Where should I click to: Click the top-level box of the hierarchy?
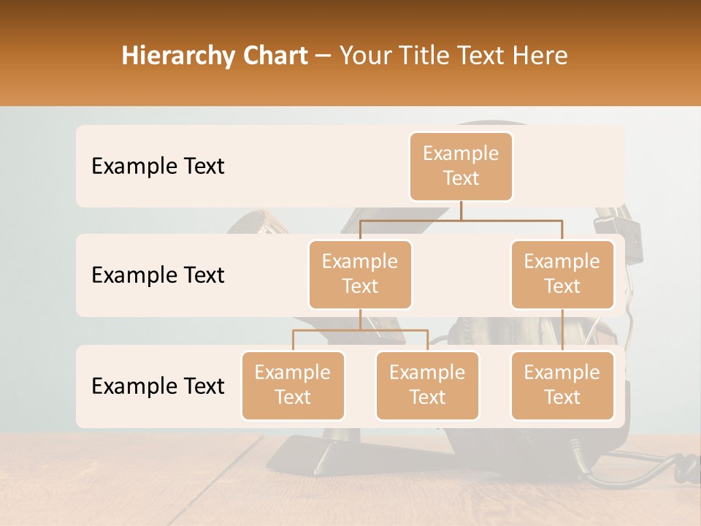[x=461, y=166]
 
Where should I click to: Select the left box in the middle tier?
[x=360, y=274]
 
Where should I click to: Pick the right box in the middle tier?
[x=562, y=274]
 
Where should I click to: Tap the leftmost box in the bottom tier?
[x=293, y=385]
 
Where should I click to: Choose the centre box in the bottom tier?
[x=427, y=385]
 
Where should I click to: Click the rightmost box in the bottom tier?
[x=562, y=385]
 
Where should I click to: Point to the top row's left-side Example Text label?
[x=158, y=166]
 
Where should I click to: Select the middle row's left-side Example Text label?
[x=158, y=275]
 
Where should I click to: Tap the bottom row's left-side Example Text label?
[x=158, y=386]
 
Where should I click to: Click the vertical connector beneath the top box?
[x=461, y=210]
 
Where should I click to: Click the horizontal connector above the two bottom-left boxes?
[x=360, y=330]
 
